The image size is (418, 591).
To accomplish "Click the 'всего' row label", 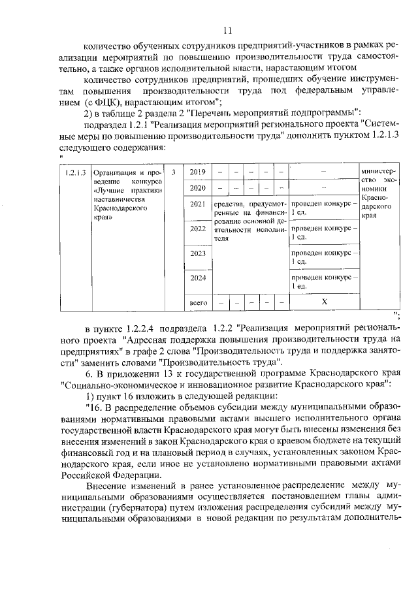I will (x=197, y=303).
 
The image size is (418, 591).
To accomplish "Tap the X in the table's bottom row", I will (x=323, y=303).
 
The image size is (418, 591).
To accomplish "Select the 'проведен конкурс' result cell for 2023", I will (x=323, y=257).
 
